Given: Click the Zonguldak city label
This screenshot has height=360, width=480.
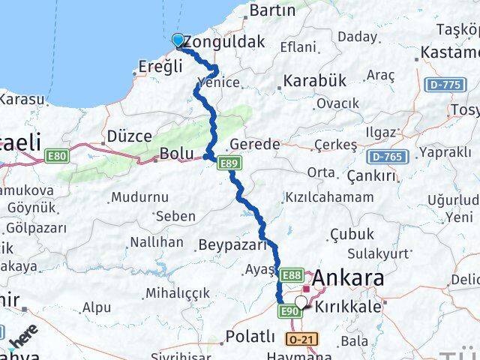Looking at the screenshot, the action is tap(225, 43).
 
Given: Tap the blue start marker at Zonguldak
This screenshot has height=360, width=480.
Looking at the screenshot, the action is tap(178, 40).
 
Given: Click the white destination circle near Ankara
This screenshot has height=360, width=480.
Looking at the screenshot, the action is tap(301, 302).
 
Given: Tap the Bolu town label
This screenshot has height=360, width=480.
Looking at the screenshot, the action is tap(177, 154).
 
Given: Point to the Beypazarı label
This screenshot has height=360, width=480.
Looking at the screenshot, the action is tap(232, 244).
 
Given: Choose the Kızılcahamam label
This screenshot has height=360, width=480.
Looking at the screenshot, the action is tap(328, 197).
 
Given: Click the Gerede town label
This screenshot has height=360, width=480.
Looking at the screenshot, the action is tap(255, 144).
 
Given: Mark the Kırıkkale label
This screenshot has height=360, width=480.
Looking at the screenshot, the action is tap(349, 307).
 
